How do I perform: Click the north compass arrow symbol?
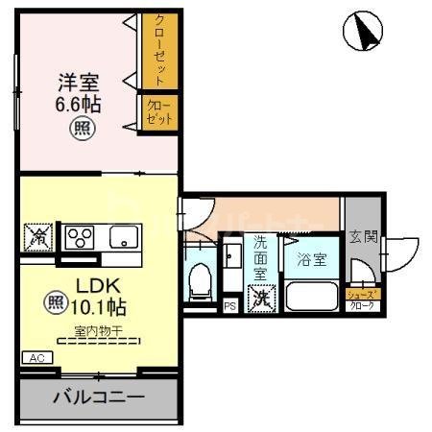coord(362,35)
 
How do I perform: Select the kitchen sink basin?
coord(125,236)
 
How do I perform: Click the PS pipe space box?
coord(229,306)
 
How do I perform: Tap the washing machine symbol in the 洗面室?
coord(259,299)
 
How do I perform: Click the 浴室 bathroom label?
coord(311,259)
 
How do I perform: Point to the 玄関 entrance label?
coord(362,236)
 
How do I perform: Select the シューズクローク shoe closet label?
coord(361,300)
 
